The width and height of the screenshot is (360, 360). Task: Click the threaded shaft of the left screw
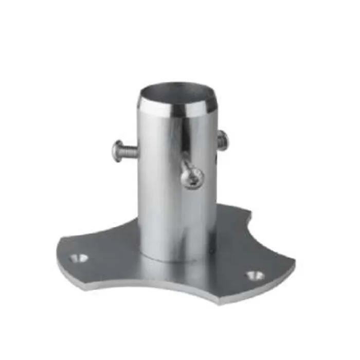pyautogui.click(x=131, y=151)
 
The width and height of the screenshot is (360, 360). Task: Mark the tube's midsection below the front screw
pyautogui.click(x=175, y=216)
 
